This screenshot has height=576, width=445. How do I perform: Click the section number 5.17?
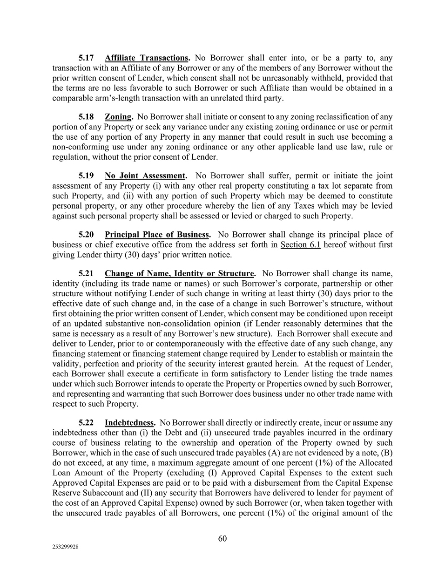[86, 58]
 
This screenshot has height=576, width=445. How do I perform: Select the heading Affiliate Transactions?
[147, 58]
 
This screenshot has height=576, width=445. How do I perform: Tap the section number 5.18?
[86, 117]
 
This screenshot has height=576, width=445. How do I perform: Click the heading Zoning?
[118, 117]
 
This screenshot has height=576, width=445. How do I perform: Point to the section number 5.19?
[86, 176]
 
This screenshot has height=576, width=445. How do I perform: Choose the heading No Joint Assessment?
[145, 176]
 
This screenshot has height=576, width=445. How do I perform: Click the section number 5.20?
[86, 235]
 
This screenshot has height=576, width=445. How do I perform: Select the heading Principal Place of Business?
[157, 235]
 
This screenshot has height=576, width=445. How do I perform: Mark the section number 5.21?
[86, 274]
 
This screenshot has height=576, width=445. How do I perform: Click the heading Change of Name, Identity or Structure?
[180, 274]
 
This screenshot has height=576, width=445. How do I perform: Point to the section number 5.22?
[86, 423]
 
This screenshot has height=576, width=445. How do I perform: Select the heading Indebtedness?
[129, 423]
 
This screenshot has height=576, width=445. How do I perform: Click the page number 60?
[222, 539]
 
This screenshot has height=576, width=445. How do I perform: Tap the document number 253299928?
[65, 548]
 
